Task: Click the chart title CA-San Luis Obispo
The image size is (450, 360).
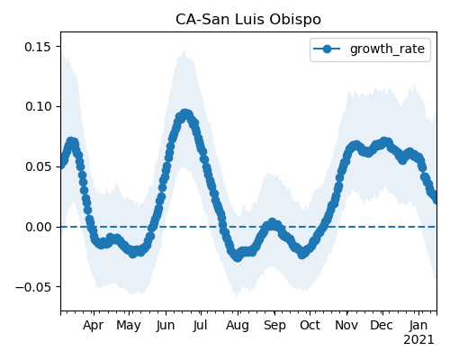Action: [x=248, y=20]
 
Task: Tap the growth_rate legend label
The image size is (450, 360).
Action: [x=387, y=49]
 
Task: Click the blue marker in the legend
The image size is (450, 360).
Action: [x=327, y=49]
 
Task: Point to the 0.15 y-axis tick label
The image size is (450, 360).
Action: [x=38, y=47]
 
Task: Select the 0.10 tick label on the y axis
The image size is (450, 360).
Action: [x=38, y=107]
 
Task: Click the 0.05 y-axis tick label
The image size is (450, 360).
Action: [x=38, y=166]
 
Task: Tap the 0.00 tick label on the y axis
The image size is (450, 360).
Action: [x=38, y=227]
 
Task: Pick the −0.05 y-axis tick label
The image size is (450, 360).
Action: [x=33, y=287]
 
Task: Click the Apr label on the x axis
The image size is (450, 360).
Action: [x=93, y=326]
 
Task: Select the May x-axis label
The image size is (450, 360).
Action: [x=129, y=326]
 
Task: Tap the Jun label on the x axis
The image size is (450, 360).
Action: [x=166, y=326]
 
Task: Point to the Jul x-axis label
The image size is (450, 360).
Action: [x=200, y=326]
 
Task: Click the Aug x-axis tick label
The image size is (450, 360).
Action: [x=238, y=326]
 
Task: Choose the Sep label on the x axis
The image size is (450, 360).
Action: [x=274, y=326]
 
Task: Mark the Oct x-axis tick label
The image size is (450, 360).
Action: [x=310, y=326]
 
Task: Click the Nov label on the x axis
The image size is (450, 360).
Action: [x=346, y=326]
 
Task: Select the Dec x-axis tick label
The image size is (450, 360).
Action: [x=382, y=326]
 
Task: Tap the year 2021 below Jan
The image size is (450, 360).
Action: [x=418, y=340]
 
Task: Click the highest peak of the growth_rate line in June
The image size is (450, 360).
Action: [x=185, y=114]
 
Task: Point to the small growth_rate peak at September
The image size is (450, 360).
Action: [x=272, y=223]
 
